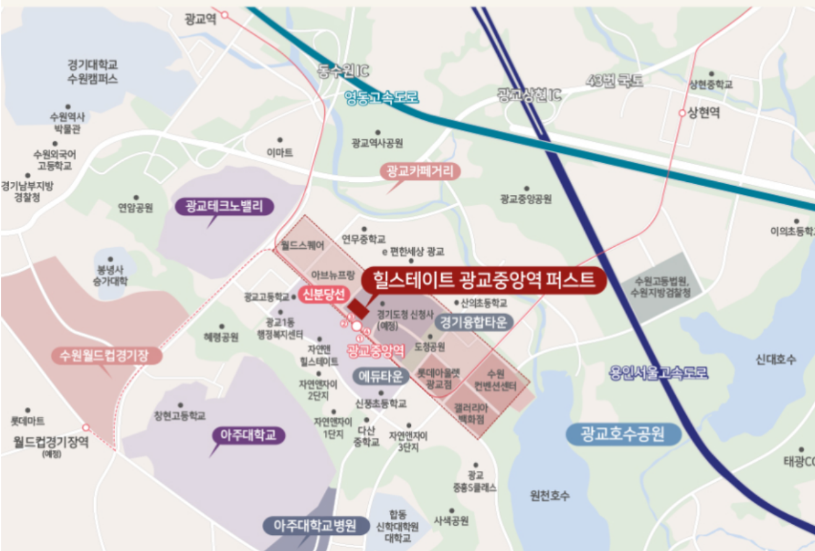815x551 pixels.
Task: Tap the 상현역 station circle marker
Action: click(682, 114)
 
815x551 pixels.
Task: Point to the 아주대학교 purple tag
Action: click(248, 435)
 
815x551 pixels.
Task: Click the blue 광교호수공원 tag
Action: click(623, 434)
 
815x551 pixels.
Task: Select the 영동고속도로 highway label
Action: click(382, 97)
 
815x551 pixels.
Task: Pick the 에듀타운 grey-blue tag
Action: click(381, 376)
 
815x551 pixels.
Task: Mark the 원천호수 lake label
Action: click(550, 495)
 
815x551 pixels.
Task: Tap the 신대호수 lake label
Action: click(776, 359)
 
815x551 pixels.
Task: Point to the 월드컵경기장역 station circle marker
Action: click(86, 427)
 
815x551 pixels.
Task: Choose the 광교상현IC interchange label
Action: click(529, 94)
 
